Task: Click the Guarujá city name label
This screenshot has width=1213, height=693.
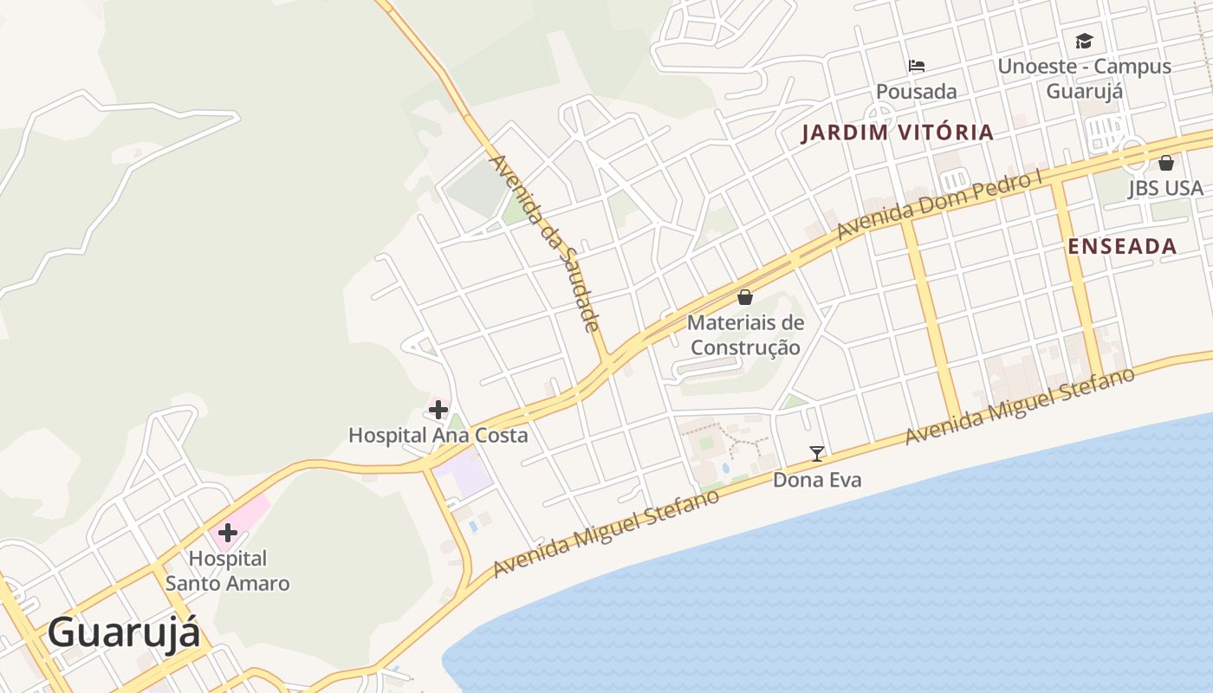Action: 124,633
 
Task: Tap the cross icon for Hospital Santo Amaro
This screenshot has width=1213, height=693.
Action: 228,532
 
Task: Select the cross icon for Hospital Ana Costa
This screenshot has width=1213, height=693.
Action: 438,409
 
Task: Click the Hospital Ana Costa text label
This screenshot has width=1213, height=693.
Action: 438,435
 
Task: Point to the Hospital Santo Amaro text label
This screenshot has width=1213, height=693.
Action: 228,571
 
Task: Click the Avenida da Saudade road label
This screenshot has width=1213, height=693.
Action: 544,243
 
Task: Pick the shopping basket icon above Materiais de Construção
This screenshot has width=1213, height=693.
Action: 745,297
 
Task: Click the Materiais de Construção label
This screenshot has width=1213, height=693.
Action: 745,335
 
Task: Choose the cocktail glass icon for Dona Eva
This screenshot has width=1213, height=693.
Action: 816,452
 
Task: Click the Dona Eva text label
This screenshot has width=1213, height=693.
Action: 817,479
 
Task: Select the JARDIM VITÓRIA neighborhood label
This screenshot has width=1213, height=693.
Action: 897,133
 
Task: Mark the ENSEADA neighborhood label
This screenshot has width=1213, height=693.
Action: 1122,246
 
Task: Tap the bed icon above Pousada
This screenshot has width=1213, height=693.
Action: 917,65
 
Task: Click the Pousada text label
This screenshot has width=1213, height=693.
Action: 917,92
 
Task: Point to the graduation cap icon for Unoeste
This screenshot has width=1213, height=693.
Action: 1084,41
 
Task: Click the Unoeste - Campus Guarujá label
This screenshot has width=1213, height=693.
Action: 1084,79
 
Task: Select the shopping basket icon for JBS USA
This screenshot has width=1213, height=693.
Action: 1166,163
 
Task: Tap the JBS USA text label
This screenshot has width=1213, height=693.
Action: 1165,189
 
